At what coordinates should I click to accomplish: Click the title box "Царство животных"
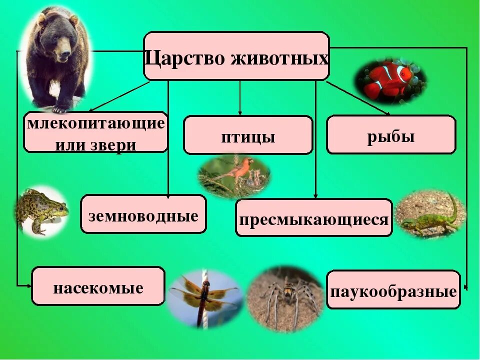(x=236, y=56)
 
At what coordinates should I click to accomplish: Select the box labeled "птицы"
(x=248, y=135)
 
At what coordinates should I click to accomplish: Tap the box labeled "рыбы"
(x=391, y=134)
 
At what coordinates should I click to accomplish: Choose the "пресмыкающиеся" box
(x=314, y=217)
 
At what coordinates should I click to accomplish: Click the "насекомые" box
(x=98, y=286)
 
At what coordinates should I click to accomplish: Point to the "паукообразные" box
(x=393, y=289)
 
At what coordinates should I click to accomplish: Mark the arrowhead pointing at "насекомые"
(x=28, y=285)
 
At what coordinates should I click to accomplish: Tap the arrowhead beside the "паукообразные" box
(x=465, y=287)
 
